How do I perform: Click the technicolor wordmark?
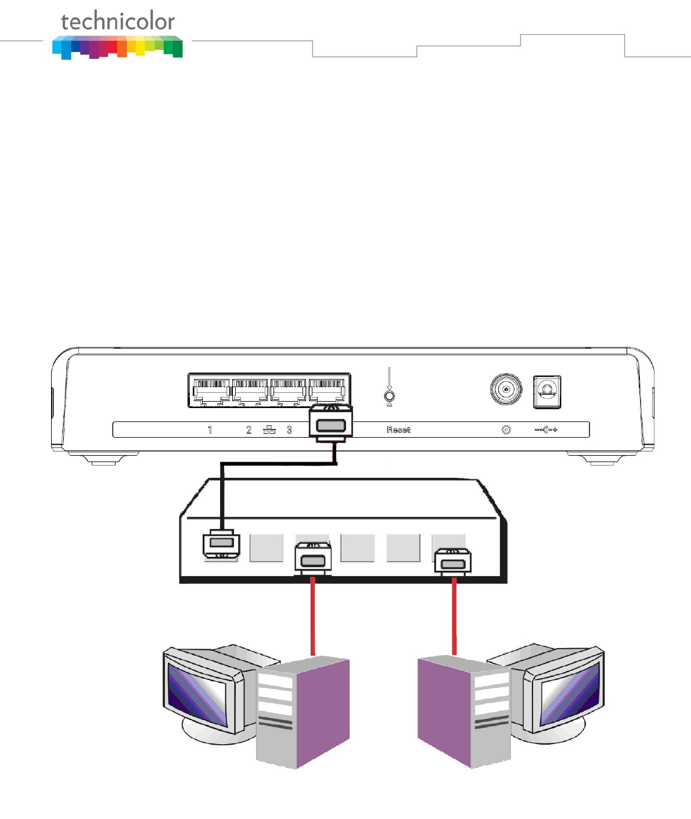pos(117,22)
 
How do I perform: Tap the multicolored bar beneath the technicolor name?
pos(117,47)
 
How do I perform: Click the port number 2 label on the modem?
pos(249,430)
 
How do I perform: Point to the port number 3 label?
pos(289,430)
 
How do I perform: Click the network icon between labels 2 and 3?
pos(269,430)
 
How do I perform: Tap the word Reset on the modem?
pos(398,430)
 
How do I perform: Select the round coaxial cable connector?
pos(506,389)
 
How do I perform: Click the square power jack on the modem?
pos(547,392)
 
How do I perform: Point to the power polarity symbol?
pos(546,430)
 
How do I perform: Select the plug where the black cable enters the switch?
pos(221,544)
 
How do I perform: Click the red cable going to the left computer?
pos(313,616)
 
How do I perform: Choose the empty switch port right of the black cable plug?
pos(266,548)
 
